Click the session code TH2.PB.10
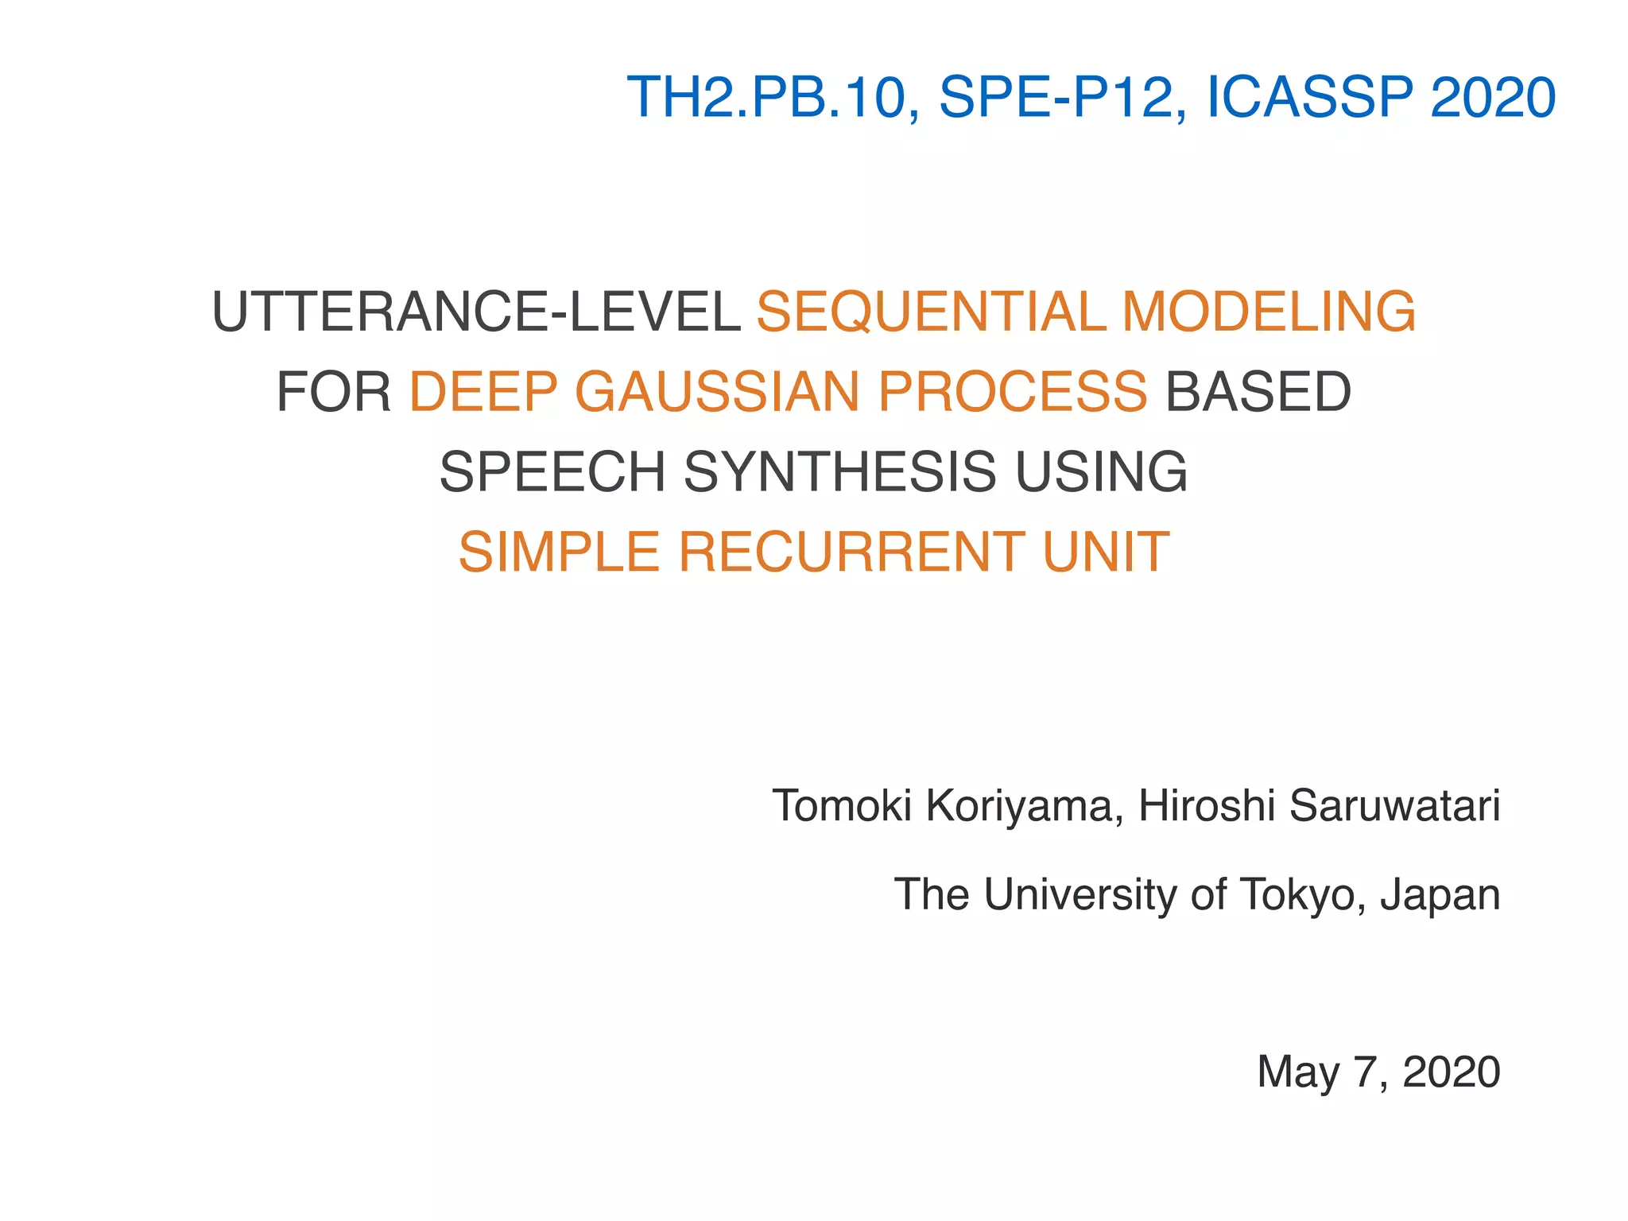[767, 98]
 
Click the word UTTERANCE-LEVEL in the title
[476, 311]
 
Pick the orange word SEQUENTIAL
[930, 311]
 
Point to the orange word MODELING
[1269, 311]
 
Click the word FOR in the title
[334, 392]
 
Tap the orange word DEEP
[483, 392]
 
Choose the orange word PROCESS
[1013, 392]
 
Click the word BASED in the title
[1258, 392]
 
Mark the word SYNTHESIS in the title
[839, 472]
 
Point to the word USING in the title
[1102, 472]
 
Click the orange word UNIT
[1106, 552]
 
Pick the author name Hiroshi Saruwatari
[1319, 806]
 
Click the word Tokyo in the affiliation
[1302, 895]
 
